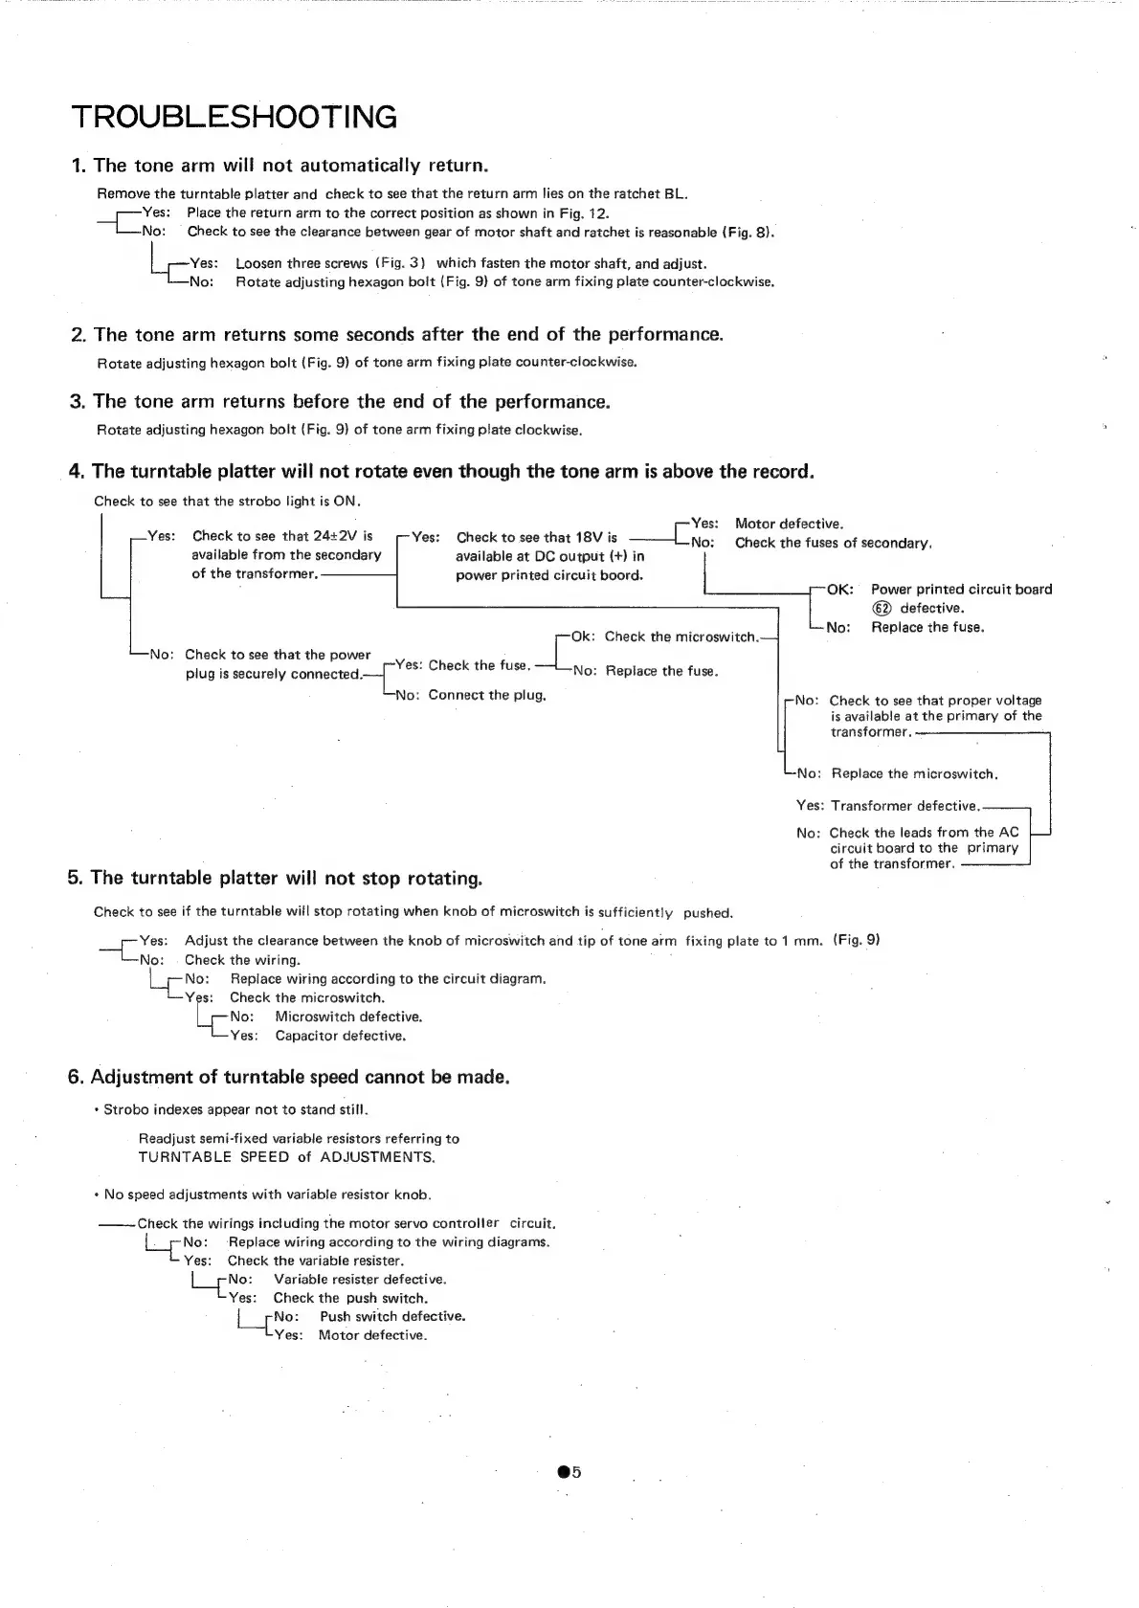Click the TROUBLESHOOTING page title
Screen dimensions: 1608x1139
click(234, 118)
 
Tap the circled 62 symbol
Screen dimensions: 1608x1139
click(882, 609)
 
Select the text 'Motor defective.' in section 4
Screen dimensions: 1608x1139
click(789, 524)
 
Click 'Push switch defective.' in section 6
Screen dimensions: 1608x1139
click(392, 1316)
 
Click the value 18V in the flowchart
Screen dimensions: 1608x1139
click(588, 537)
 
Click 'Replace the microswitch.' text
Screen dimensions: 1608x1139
click(914, 773)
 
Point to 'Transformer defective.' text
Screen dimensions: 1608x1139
click(905, 806)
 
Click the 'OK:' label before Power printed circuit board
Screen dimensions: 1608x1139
click(839, 590)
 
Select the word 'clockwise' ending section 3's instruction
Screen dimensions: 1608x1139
click(547, 430)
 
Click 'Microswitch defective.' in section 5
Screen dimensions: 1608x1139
click(348, 1016)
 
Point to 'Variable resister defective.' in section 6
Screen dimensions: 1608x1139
click(360, 1279)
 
